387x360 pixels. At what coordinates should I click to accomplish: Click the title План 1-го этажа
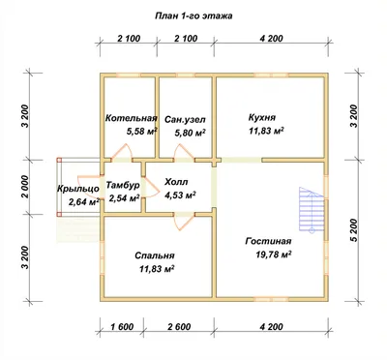tap(193, 15)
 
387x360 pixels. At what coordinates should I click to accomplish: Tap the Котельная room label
tap(132, 118)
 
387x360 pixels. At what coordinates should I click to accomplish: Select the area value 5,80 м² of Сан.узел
tap(191, 133)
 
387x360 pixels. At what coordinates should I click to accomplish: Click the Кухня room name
tap(262, 117)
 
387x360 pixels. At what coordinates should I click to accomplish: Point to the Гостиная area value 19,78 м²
tap(274, 255)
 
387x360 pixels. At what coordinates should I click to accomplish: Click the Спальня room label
tap(155, 255)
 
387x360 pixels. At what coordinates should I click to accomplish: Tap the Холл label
tap(176, 182)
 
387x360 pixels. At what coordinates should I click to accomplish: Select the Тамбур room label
tap(123, 185)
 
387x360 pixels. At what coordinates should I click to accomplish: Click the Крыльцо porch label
tap(78, 189)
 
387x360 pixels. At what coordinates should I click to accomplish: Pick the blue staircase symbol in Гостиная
tap(312, 210)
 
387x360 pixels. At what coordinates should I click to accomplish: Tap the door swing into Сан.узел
tap(185, 152)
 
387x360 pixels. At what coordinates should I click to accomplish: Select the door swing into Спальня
tap(184, 222)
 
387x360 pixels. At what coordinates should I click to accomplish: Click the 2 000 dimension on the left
tap(25, 187)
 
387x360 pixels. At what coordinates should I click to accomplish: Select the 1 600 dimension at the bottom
tap(122, 327)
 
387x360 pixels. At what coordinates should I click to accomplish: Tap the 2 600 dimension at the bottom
tap(179, 327)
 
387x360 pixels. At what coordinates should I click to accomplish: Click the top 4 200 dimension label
tap(271, 39)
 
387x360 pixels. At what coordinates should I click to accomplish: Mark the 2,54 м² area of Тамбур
tap(124, 197)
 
